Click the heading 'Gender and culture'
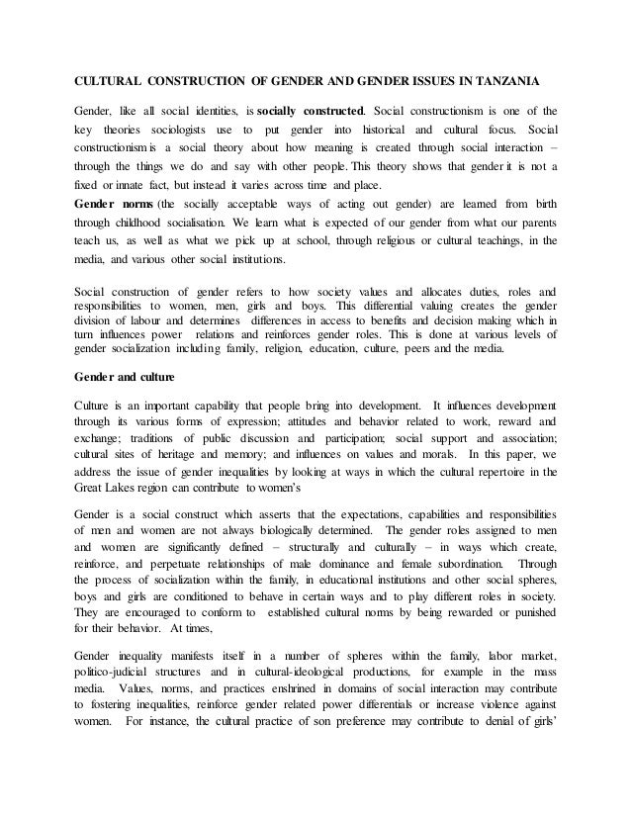click(x=123, y=377)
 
